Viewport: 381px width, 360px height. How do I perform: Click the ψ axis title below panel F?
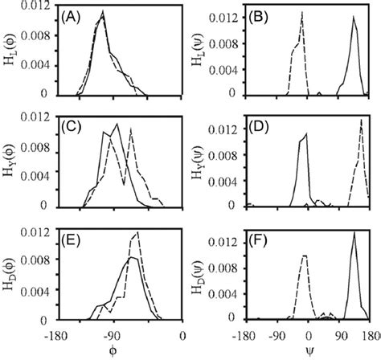309,351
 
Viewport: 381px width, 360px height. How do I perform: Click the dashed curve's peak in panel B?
302,12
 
